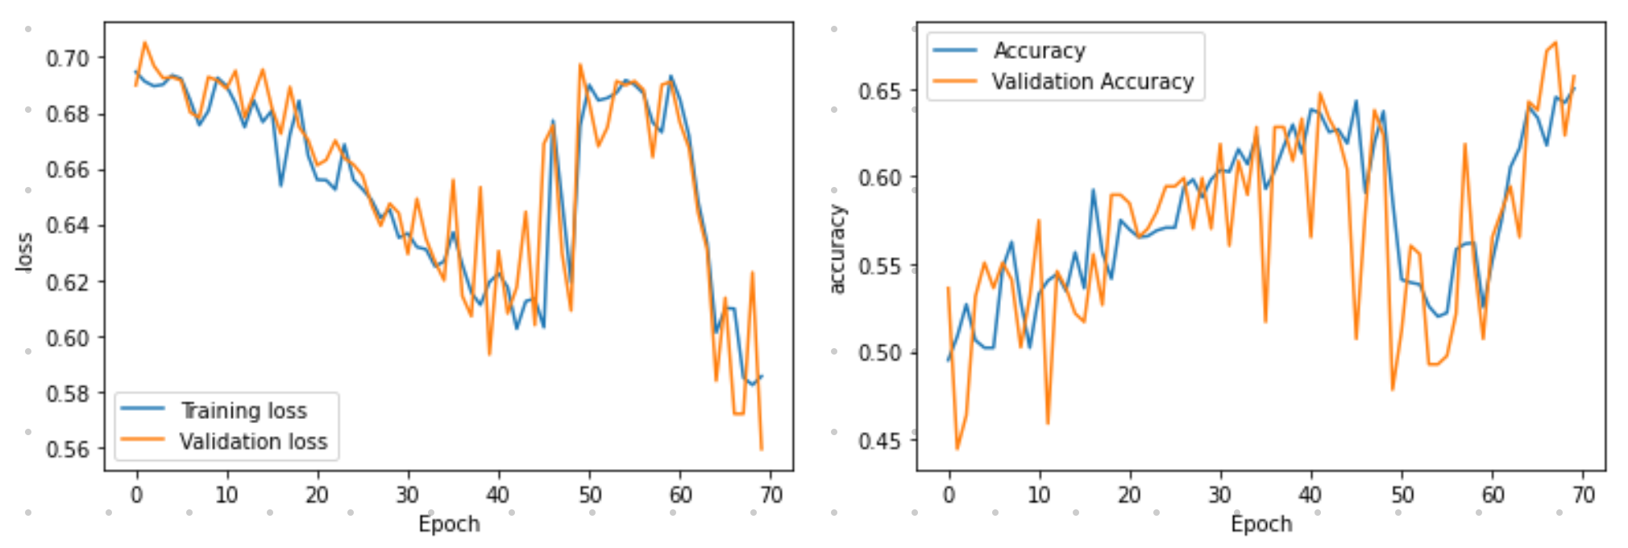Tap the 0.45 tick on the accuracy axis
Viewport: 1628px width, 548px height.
tap(879, 441)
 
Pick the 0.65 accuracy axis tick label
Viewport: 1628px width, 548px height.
tap(879, 91)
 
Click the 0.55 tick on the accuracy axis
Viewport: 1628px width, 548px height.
tap(879, 266)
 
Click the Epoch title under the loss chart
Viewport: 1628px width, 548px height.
tap(449, 525)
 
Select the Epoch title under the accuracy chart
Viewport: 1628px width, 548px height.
tap(1261, 525)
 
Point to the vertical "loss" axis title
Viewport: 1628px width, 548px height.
tap(25, 251)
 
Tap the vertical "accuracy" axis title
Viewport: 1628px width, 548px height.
tap(837, 249)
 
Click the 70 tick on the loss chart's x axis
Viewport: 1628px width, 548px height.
tap(770, 495)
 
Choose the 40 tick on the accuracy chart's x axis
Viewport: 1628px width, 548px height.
tap(1310, 495)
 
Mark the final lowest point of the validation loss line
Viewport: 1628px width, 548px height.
tap(761, 449)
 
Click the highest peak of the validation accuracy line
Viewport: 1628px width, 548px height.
tap(1555, 43)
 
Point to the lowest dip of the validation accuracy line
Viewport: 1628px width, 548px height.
tap(957, 449)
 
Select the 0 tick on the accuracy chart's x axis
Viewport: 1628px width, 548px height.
tap(949, 495)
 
